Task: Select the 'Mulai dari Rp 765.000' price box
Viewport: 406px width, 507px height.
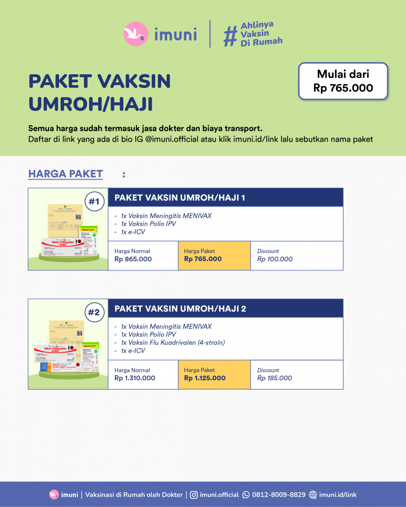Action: (343, 81)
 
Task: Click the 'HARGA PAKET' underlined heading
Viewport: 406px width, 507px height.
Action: (65, 174)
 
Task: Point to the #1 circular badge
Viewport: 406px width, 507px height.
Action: (94, 202)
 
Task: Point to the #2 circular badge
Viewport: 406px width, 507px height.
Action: (94, 312)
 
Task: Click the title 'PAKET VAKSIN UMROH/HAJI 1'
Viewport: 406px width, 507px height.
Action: (180, 198)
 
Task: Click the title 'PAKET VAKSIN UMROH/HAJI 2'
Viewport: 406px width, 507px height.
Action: (180, 309)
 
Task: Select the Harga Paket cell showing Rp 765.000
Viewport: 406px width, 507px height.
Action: (214, 255)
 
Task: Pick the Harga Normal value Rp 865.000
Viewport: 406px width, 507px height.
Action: (133, 259)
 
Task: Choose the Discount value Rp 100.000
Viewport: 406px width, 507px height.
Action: (275, 259)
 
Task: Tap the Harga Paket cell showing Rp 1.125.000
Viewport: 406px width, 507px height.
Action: (214, 374)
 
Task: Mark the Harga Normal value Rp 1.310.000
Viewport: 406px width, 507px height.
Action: (135, 378)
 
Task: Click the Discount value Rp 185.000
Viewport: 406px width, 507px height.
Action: (275, 378)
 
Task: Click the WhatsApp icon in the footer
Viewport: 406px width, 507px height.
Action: (246, 495)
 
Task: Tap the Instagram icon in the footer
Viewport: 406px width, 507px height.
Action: (194, 495)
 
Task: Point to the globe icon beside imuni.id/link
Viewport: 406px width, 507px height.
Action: (313, 495)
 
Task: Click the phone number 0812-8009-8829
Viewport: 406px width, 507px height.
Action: (279, 495)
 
